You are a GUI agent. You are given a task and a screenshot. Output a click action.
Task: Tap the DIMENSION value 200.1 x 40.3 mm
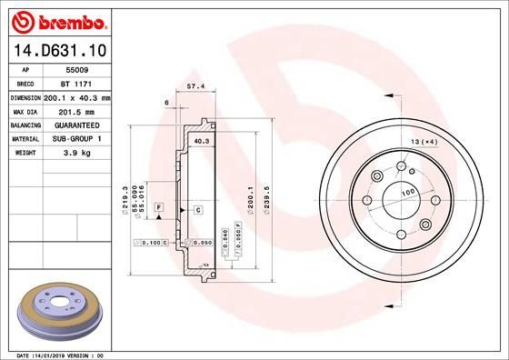(77, 96)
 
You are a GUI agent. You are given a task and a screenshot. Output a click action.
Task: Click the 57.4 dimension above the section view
(194, 86)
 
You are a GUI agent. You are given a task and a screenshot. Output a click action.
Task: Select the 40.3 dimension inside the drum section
(202, 141)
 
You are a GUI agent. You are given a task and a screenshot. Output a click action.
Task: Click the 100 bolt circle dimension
(408, 193)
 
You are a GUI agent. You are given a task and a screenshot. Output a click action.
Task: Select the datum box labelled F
(159, 209)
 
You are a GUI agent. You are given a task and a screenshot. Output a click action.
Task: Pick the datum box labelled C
(197, 210)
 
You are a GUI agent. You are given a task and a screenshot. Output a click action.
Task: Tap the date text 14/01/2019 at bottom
(59, 354)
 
